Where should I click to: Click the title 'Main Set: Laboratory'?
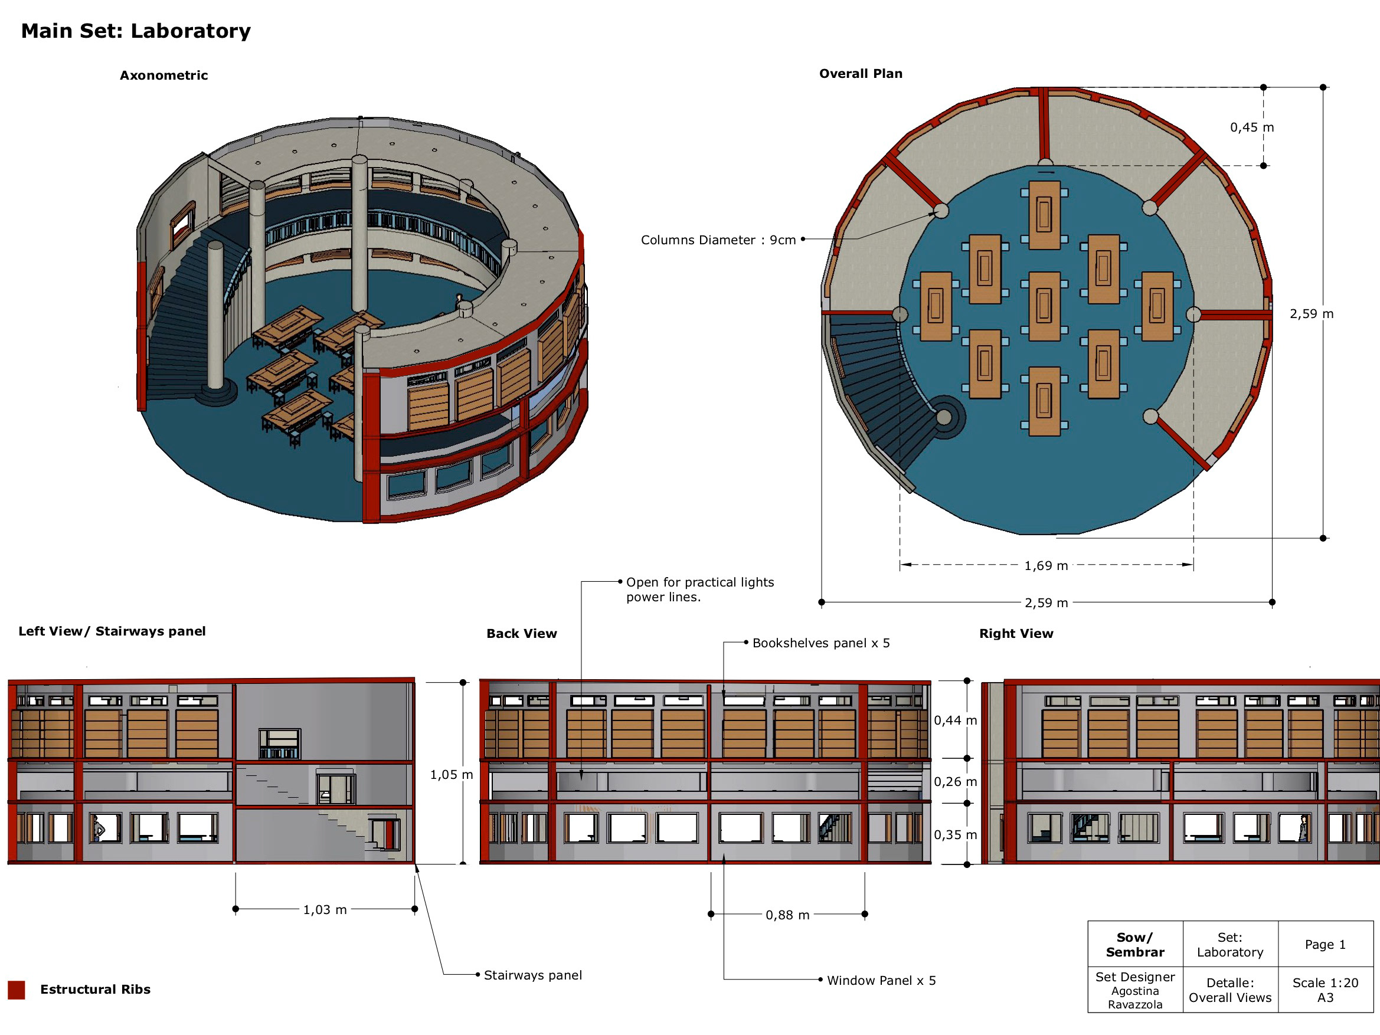135,31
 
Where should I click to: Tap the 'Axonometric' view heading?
163,76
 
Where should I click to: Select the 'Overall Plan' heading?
861,74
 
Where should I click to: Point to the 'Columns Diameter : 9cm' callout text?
718,240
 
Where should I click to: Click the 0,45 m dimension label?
1251,127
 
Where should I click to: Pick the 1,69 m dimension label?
1045,566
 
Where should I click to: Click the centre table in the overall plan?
1044,306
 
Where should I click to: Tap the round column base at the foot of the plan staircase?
944,417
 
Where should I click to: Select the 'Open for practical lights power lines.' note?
699,589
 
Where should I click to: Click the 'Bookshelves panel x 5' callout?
820,643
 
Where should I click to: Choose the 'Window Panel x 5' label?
881,981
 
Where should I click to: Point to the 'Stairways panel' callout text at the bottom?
532,975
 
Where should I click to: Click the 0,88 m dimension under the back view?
787,915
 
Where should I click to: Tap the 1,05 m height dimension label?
451,775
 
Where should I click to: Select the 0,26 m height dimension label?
955,782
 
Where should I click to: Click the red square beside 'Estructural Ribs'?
16,990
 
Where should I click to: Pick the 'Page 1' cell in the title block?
1325,945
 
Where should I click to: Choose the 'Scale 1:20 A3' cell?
1325,990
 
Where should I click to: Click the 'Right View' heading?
1016,634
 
